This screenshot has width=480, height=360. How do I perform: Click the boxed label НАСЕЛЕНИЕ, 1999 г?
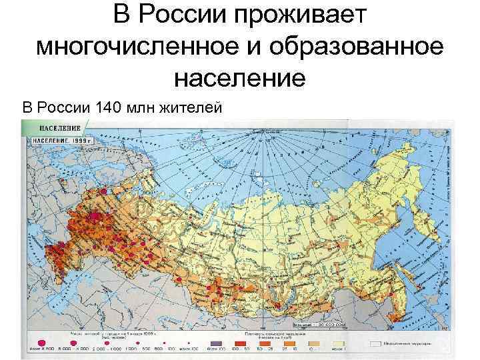(x=63, y=141)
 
